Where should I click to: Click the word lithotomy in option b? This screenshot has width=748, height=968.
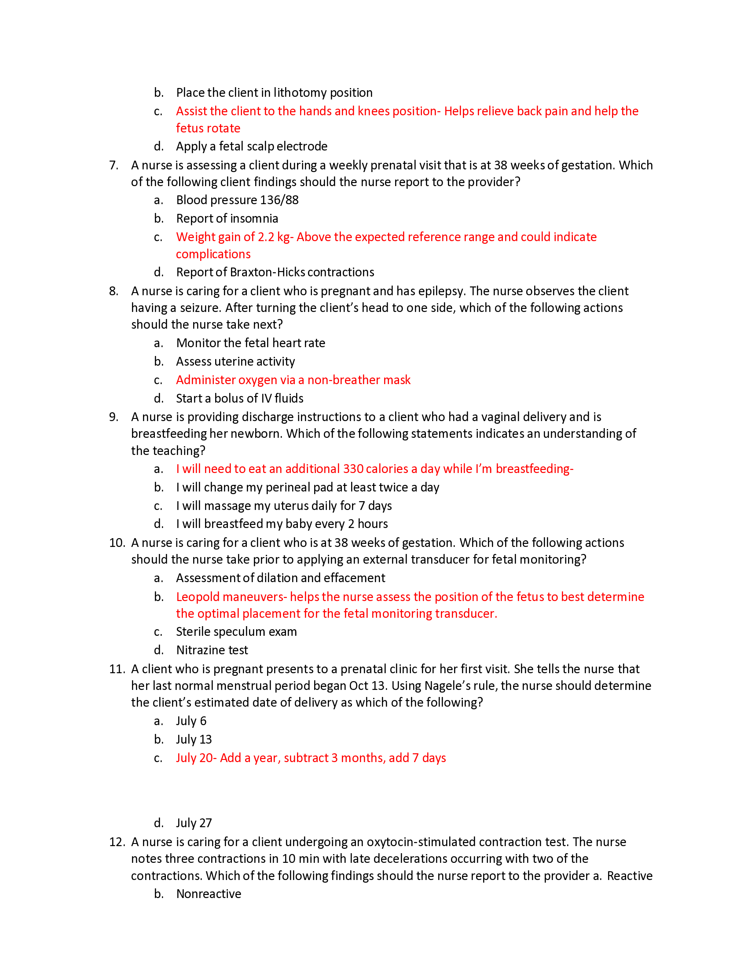tap(300, 93)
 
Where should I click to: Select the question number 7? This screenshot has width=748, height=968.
tap(114, 165)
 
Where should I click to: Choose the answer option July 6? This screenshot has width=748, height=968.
tap(191, 721)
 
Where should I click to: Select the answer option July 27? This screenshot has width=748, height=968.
tap(194, 823)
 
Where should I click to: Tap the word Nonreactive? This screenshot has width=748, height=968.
tap(209, 894)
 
